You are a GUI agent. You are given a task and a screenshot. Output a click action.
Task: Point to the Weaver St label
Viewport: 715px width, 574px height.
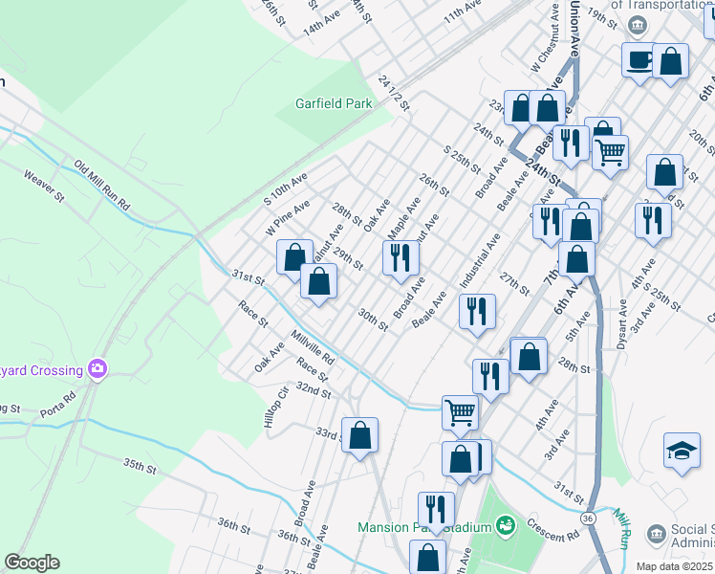pos(43,185)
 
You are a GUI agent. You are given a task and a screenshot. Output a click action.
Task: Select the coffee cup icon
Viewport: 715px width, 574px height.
pos(639,60)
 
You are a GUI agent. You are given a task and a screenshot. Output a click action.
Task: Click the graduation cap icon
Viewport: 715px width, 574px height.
pos(681,452)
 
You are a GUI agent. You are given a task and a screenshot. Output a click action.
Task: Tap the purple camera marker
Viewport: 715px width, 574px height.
pos(96,368)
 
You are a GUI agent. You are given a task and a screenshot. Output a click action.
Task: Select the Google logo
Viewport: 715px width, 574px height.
pos(32,563)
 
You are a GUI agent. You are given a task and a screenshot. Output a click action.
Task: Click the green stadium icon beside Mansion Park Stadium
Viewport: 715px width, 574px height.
pos(505,525)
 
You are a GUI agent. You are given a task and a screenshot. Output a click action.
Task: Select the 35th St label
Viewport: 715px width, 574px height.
pos(139,466)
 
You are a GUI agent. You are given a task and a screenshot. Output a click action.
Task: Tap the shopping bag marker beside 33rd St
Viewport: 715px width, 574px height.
pos(359,436)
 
